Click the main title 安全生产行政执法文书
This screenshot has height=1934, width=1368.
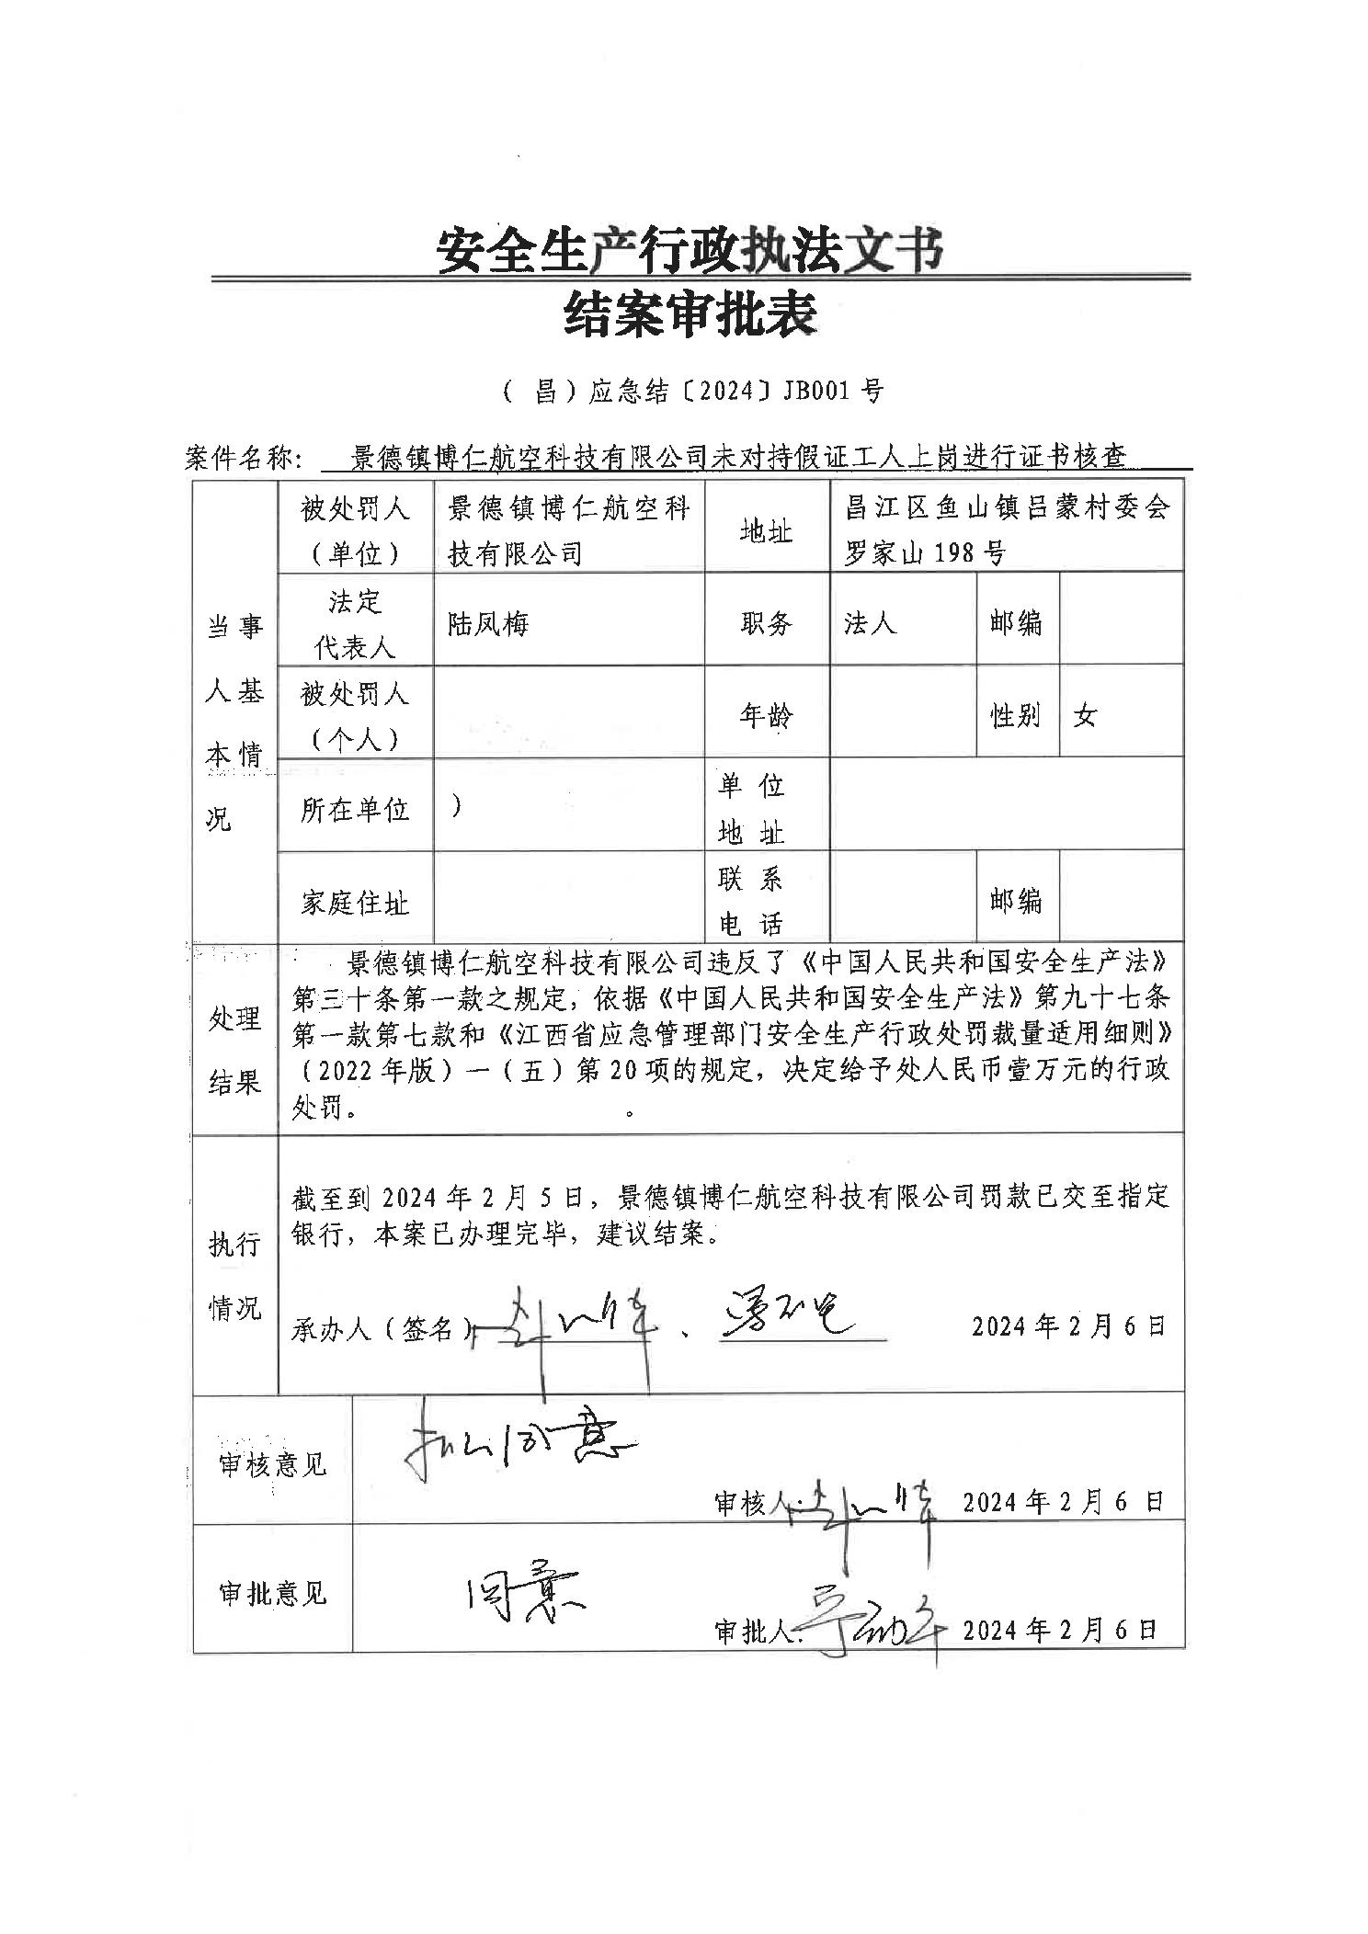tap(690, 250)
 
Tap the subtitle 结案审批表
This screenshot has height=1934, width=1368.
tap(690, 314)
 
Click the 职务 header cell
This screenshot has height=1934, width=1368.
tap(766, 624)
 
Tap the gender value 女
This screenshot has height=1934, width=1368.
tap(1085, 715)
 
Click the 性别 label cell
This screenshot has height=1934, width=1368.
tap(1016, 715)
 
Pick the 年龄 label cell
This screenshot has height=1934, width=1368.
tap(766, 715)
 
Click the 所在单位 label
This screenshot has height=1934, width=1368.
tap(355, 809)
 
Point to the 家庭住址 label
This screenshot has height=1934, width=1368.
tap(355, 903)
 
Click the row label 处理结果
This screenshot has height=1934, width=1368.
tap(234, 1051)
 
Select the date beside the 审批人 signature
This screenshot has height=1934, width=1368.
tap(1059, 1630)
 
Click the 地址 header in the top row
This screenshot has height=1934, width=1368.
tap(766, 530)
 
